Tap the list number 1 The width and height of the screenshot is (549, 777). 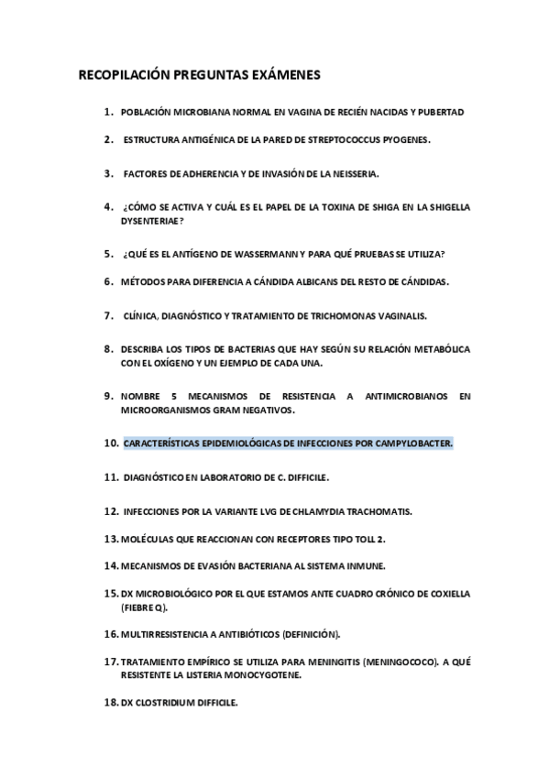pos(108,112)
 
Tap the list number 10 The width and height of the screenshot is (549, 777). pos(110,443)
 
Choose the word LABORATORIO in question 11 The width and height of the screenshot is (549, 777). pos(232,477)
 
